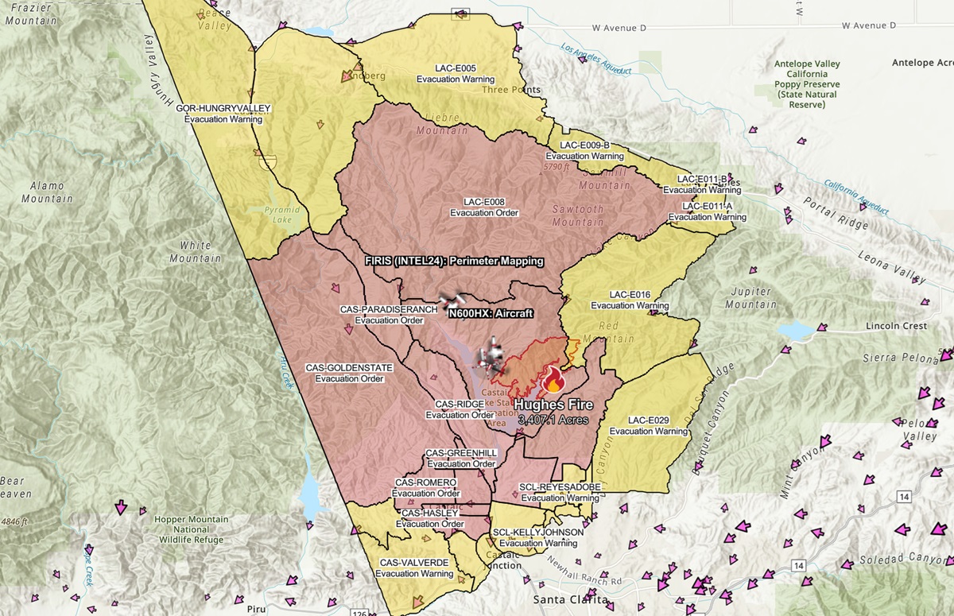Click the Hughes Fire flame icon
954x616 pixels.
(551, 383)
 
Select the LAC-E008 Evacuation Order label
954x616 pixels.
(484, 207)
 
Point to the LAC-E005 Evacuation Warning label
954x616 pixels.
(456, 74)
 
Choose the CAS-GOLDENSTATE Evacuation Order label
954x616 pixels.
(349, 374)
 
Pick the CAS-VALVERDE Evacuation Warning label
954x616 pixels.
(414, 568)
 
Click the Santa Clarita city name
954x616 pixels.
(571, 599)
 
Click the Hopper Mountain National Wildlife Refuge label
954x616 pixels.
(190, 530)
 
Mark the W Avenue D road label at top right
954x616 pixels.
(864, 26)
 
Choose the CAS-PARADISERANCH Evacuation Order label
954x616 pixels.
(389, 314)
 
